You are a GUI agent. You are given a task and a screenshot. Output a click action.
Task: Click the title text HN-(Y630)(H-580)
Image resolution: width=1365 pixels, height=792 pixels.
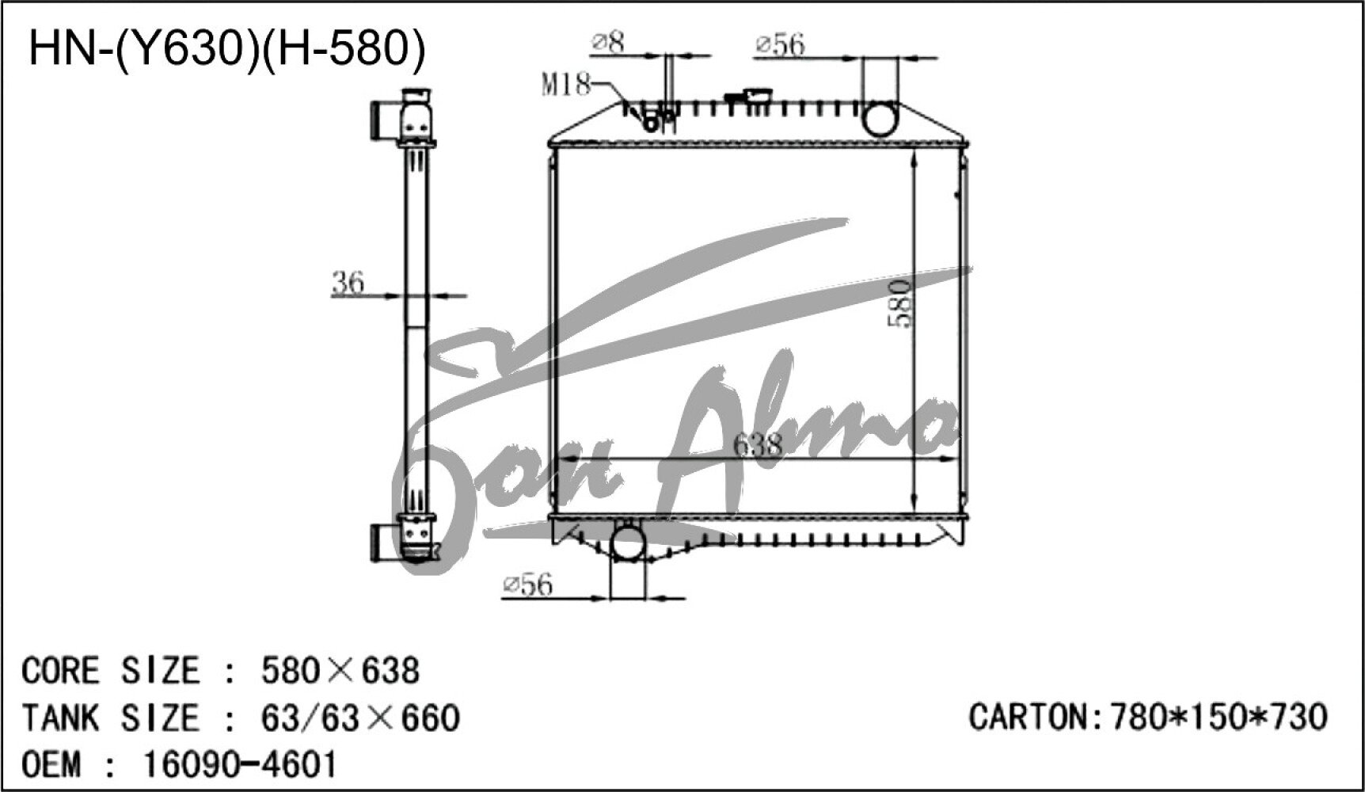click(226, 48)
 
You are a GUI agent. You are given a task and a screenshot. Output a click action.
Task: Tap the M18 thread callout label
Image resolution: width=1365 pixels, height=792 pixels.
click(565, 84)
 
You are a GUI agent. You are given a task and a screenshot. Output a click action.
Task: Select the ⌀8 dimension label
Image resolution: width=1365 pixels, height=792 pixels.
click(609, 42)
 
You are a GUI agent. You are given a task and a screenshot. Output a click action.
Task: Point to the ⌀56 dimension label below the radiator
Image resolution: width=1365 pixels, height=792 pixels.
click(527, 585)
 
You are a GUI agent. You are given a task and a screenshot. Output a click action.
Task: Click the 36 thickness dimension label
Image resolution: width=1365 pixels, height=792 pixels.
click(348, 282)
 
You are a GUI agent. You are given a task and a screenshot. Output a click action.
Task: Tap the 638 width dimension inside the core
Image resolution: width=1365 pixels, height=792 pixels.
click(758, 445)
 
